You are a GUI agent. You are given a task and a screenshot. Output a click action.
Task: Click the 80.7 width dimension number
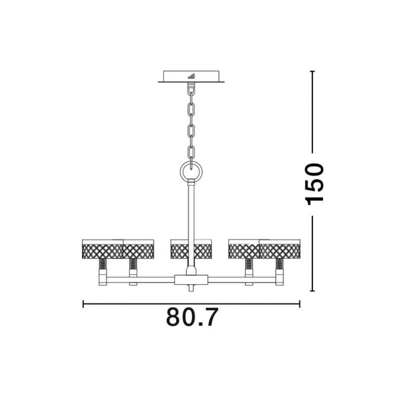click(x=192, y=317)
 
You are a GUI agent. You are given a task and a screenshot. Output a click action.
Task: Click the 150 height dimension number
click(x=315, y=185)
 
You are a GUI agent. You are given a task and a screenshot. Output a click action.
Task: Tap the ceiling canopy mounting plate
click(x=191, y=76)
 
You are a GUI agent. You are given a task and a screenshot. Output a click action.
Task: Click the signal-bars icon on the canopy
click(x=191, y=76)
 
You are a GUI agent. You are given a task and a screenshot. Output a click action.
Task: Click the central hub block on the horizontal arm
click(x=191, y=280)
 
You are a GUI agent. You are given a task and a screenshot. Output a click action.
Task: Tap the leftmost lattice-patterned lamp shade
click(x=102, y=249)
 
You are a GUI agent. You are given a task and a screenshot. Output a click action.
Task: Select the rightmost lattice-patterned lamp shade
click(x=280, y=249)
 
